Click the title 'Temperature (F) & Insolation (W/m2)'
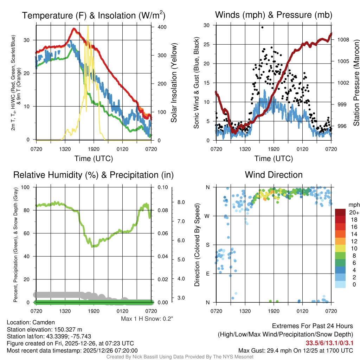tap(94, 15)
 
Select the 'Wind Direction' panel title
tap(274, 175)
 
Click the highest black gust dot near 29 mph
tap(262, 27)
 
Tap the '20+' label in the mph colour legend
tap(353, 213)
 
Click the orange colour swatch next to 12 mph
tap(340, 241)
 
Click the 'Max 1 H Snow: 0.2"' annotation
tap(147, 319)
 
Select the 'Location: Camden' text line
tap(31, 322)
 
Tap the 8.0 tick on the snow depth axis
tap(181, 202)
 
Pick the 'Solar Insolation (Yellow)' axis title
tap(174, 83)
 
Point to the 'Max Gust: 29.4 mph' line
tap(296, 350)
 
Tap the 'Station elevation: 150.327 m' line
tap(44, 329)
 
